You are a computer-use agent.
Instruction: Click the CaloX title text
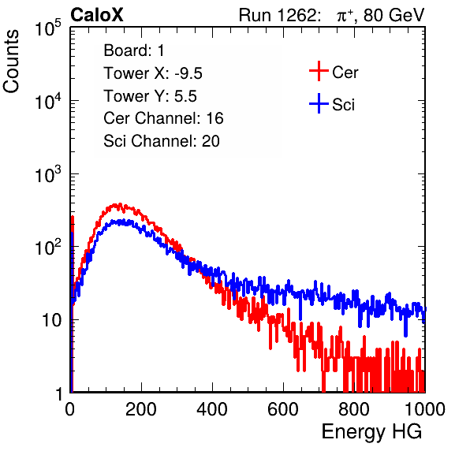pos(97,15)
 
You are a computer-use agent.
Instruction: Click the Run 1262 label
pos(278,15)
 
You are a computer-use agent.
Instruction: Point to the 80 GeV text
pos(394,15)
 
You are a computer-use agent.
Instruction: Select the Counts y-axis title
pos(11,61)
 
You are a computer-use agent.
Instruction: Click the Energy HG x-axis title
pos(371,432)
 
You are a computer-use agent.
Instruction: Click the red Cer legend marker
pos(319,71)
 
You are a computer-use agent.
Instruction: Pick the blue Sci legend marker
pos(319,104)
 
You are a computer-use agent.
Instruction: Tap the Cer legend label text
pos(345,73)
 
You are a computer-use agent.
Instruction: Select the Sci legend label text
pos(344,105)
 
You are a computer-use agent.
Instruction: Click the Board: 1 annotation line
pos(134,50)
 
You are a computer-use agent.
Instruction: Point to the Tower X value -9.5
pos(188,73)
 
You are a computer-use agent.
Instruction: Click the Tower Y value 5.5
pos(185,96)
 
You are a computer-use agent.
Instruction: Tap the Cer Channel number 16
pos(214,118)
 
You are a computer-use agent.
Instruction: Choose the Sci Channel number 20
pos(211,141)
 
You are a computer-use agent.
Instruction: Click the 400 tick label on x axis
pos(212,409)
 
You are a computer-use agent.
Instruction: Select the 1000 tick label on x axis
pos(424,409)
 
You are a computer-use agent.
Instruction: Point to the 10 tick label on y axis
pos(52,320)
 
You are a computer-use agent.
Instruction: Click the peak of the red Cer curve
pos(120,204)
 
